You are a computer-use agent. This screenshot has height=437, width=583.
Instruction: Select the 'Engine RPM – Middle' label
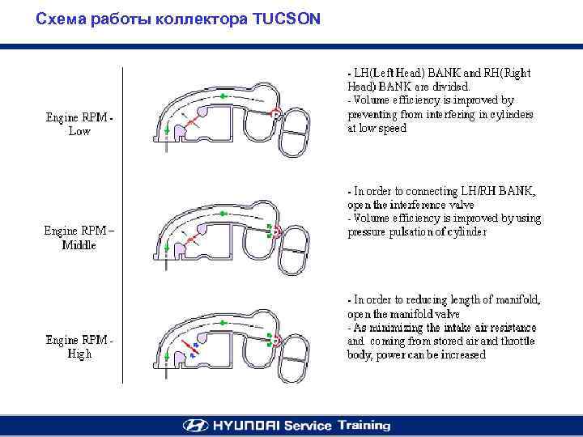(x=79, y=237)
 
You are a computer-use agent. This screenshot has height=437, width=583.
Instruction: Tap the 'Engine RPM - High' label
(x=79, y=346)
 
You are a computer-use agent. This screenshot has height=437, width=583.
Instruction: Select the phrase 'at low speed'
(x=377, y=128)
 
